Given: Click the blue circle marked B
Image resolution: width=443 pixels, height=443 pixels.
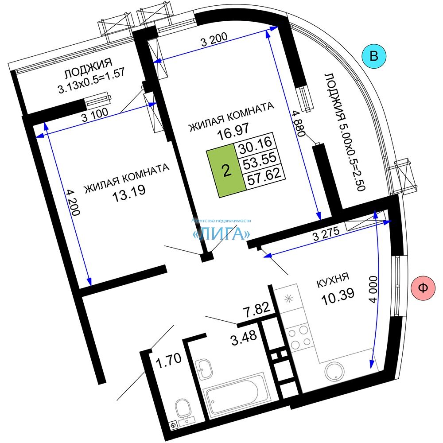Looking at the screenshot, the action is coord(374,56).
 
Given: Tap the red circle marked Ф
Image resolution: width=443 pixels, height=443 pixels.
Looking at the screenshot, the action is coord(423,288).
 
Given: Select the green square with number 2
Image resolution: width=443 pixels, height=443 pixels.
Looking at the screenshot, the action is coord(226,171).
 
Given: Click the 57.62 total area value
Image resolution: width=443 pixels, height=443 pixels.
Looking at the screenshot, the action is coord(264,176).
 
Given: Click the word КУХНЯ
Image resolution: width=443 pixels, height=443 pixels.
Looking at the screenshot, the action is coord(333,280).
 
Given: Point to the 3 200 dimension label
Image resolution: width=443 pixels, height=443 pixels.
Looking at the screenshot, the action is coord(214,39).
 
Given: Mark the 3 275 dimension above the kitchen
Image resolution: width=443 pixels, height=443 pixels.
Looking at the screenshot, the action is coord(326,233).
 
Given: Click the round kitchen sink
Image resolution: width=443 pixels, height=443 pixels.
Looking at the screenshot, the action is coord(334,373).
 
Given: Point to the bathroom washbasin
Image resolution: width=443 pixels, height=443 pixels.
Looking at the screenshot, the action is coord(203,369).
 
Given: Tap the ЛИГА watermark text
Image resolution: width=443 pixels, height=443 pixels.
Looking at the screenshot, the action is coord(221,233).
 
